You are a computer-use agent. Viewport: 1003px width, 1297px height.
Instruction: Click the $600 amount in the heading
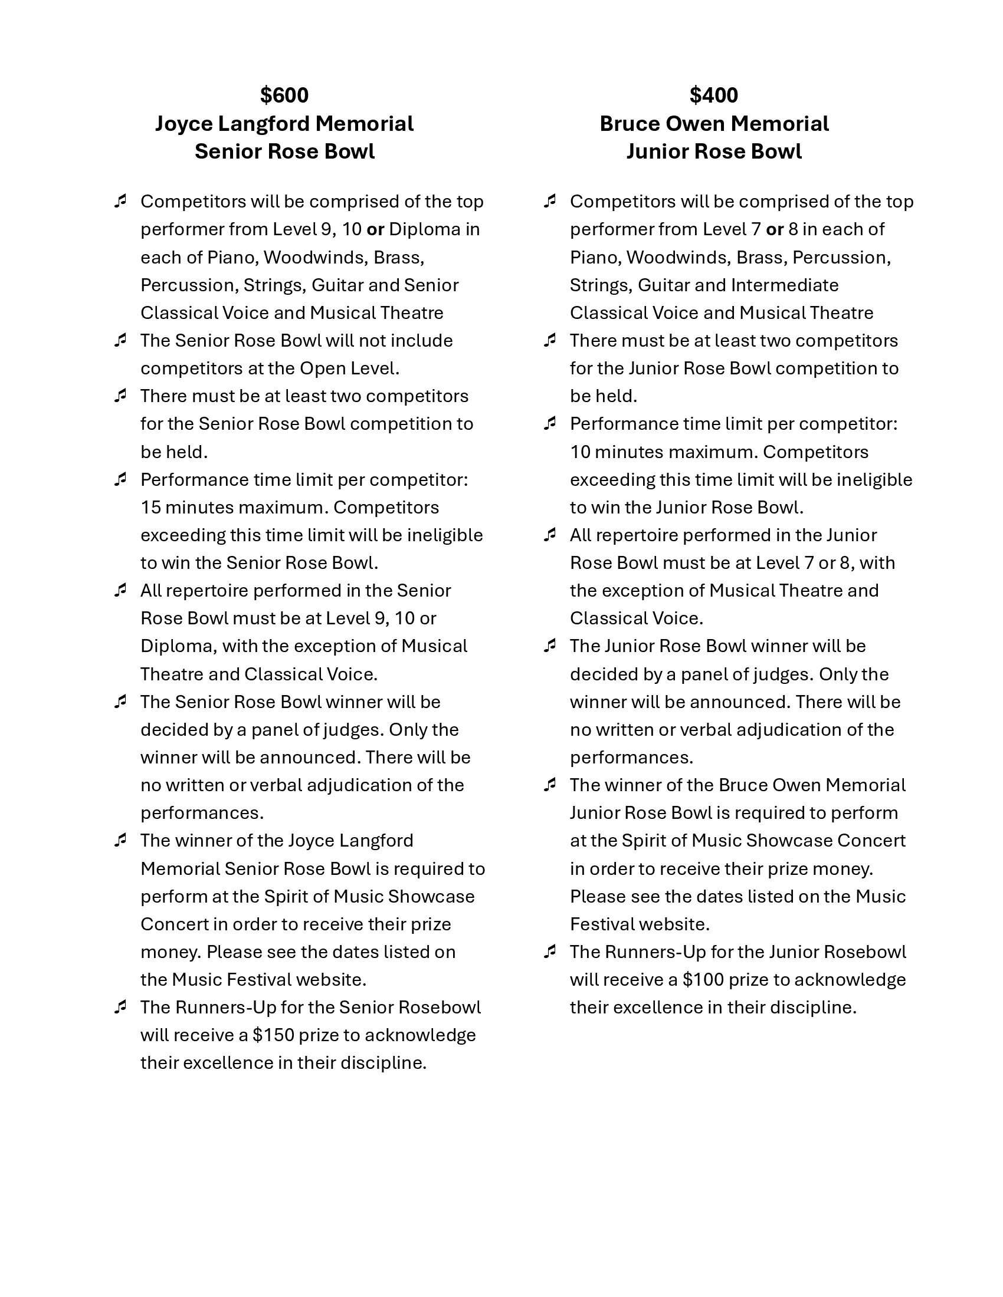[284, 95]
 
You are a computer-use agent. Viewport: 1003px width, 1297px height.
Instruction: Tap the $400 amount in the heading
[714, 95]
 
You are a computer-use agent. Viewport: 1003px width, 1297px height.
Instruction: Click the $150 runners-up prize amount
[273, 1035]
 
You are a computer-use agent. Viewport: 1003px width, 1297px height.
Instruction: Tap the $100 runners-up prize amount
[702, 979]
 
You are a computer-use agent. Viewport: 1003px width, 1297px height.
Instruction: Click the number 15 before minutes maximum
[150, 507]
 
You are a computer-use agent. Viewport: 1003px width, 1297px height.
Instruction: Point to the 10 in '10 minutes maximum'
[580, 452]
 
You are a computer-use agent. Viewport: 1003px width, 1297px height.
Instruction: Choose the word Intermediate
[784, 285]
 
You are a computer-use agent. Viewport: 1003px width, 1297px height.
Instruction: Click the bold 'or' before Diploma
[375, 229]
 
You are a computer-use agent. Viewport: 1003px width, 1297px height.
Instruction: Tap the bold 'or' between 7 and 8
[774, 229]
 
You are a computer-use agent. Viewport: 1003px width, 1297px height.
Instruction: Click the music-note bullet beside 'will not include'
[120, 340]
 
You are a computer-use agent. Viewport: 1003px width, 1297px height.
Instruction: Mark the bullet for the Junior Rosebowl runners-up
[550, 952]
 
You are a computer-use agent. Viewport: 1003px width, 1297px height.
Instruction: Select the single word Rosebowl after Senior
[439, 1007]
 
